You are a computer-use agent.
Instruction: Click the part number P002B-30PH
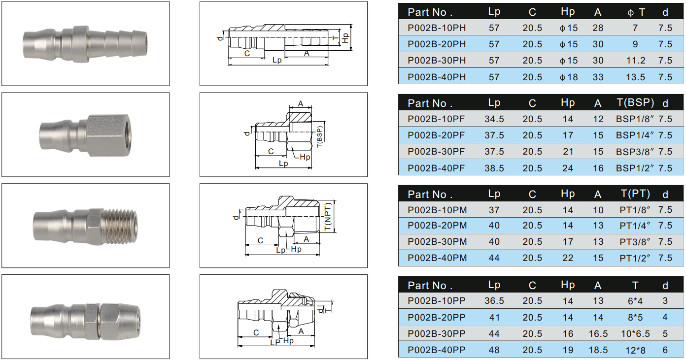click(x=437, y=60)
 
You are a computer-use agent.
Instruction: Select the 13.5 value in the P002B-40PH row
click(x=635, y=77)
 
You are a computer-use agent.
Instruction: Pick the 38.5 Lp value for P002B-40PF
click(x=494, y=168)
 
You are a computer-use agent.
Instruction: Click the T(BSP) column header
click(x=635, y=102)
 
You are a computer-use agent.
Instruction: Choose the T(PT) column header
click(x=635, y=194)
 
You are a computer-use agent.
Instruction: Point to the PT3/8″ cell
click(x=635, y=241)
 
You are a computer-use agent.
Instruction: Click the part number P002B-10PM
click(x=437, y=210)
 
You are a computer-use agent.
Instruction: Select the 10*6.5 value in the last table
click(x=635, y=333)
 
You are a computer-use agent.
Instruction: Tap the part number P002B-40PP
click(x=437, y=350)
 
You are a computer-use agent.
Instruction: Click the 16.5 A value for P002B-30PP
click(x=598, y=333)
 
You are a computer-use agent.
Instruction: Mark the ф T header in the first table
click(x=636, y=12)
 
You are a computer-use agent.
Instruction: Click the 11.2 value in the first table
click(x=636, y=60)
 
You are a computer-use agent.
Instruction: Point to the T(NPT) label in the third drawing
click(x=328, y=217)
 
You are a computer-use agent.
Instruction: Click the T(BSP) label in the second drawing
click(x=319, y=137)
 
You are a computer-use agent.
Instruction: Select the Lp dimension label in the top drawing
click(x=277, y=60)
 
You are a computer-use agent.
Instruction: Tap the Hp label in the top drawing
click(x=346, y=37)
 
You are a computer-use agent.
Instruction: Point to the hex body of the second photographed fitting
click(x=109, y=135)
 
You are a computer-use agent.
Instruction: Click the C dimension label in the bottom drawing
click(x=256, y=332)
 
